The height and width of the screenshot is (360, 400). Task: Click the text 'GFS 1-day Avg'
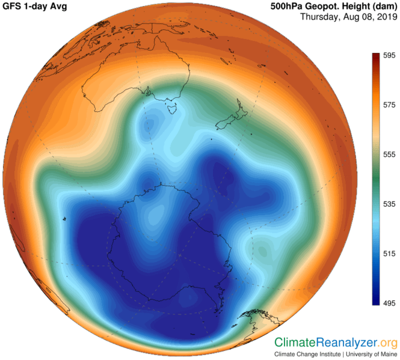tap(37, 7)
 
